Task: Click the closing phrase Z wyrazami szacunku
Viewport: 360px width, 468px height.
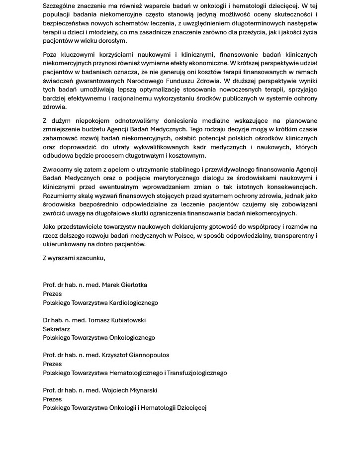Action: point(74,258)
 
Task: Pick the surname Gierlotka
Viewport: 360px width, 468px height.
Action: point(131,285)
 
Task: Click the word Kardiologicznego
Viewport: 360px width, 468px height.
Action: point(130,302)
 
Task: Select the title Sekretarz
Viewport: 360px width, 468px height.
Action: point(56,329)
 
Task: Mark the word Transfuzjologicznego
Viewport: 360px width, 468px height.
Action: point(197,373)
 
